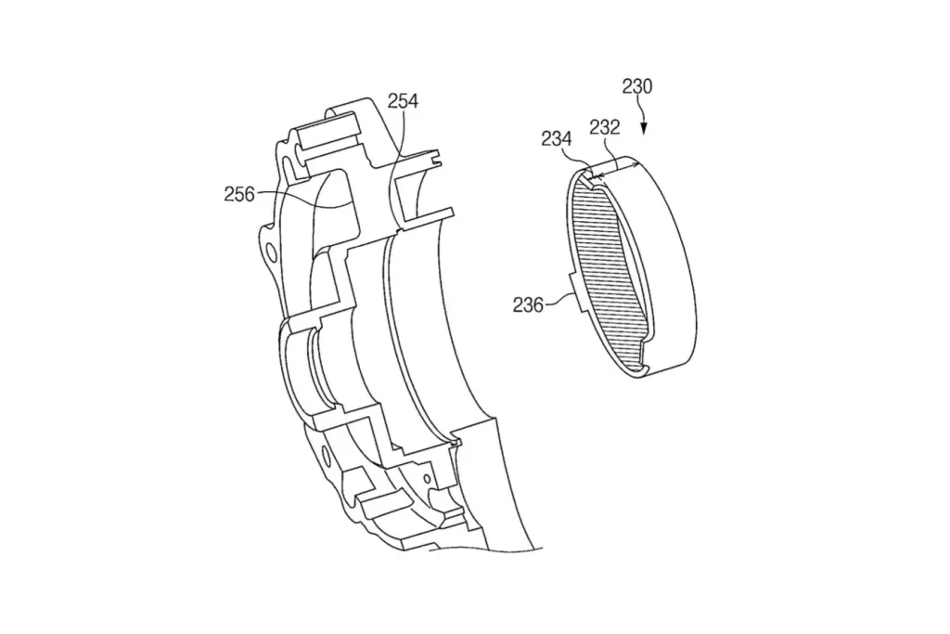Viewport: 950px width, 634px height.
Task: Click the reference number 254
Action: coord(403,100)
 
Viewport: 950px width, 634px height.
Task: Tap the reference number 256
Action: coord(239,194)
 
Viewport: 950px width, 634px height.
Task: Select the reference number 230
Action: coord(636,86)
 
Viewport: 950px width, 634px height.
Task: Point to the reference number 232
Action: coord(605,127)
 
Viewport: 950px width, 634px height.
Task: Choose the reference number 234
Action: coord(557,139)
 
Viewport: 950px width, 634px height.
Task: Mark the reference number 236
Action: coord(528,304)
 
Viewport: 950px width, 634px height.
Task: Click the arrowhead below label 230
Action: coord(644,128)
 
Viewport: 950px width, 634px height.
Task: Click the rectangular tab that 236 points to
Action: coord(577,293)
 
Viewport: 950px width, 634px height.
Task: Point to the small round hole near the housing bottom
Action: coord(427,479)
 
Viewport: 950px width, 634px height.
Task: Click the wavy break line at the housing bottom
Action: coord(484,549)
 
